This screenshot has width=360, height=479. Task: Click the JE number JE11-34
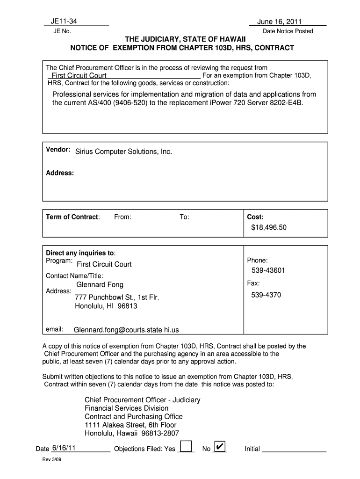point(64,21)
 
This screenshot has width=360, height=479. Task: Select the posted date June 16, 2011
point(279,22)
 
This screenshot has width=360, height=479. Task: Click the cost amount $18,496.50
point(269,227)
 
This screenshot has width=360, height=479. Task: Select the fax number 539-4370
point(266,295)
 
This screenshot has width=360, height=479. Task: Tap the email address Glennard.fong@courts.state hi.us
point(126,330)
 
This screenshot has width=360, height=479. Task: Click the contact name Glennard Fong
point(100,284)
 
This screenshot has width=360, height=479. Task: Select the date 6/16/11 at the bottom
point(64,448)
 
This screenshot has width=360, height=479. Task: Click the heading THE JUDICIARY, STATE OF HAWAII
point(182,39)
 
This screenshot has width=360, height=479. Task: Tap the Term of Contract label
point(72,217)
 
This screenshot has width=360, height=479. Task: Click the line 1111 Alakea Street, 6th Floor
point(130,425)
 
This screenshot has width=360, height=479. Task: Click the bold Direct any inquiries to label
point(80,253)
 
